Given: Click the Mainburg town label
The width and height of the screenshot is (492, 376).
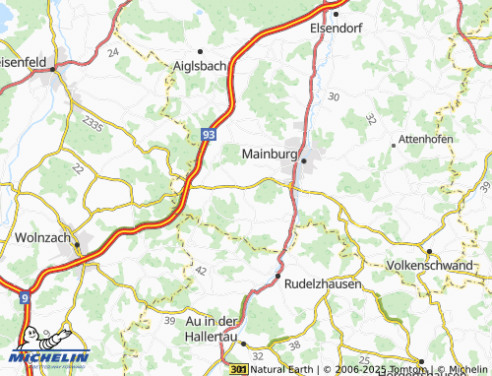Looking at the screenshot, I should (x=270, y=155).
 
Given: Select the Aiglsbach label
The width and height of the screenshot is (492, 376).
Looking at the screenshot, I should (x=200, y=66).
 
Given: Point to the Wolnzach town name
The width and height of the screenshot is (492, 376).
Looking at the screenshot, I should (x=43, y=237).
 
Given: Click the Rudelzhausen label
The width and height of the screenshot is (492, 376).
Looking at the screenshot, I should (x=321, y=282).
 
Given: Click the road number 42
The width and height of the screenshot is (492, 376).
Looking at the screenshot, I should (x=201, y=270).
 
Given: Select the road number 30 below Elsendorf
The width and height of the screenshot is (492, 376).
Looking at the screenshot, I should (x=334, y=96).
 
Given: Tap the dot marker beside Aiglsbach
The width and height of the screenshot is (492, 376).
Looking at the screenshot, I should (x=200, y=51).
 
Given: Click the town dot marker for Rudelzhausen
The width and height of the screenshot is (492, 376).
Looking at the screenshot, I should (x=278, y=277).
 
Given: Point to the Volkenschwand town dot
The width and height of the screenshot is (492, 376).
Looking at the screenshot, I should (x=428, y=251).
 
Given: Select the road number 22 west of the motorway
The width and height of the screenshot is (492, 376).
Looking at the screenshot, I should (x=78, y=169).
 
